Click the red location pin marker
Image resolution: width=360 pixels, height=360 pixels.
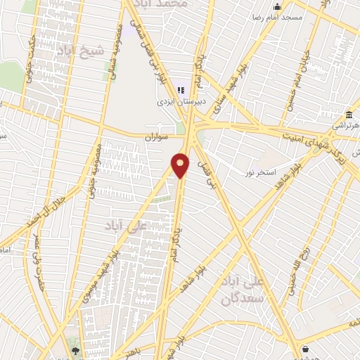click(x=181, y=165)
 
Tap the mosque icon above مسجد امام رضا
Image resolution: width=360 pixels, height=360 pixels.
click(x=277, y=7)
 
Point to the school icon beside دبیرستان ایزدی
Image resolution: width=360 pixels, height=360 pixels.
click(x=181, y=90)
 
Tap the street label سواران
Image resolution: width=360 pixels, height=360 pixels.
click(x=157, y=137)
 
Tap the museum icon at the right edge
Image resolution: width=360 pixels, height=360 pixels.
click(x=349, y=115)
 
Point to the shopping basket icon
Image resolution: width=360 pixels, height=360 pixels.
click(x=304, y=348)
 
